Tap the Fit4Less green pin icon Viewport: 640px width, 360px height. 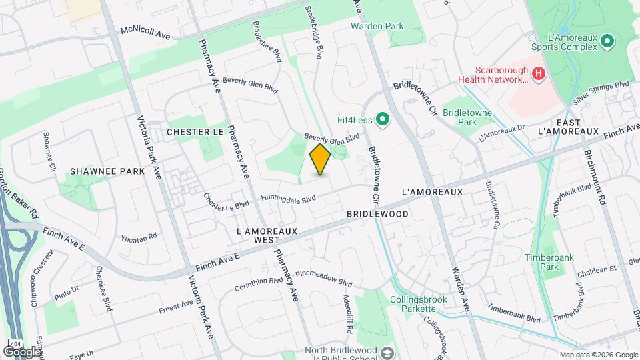point(382,120)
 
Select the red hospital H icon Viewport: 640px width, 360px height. point(539,71)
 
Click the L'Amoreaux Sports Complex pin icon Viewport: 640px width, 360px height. point(607,42)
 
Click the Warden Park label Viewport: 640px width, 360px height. point(378,27)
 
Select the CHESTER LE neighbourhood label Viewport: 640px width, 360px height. point(195,132)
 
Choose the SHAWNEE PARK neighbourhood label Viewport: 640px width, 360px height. point(107,171)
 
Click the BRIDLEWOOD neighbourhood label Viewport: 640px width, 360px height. point(377,215)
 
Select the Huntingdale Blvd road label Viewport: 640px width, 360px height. point(288,199)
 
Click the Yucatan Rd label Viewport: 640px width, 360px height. point(139,237)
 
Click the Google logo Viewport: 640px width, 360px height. point(22,351)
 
